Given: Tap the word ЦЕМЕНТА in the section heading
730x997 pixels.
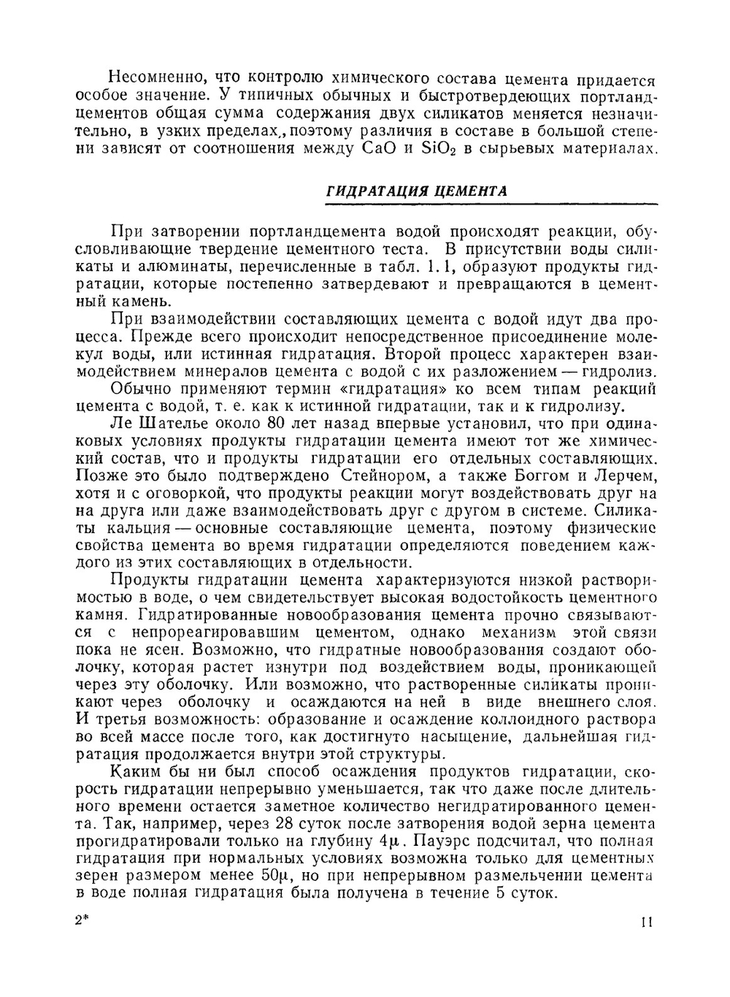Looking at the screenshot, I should (470, 192).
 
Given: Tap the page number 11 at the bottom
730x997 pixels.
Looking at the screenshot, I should (647, 922).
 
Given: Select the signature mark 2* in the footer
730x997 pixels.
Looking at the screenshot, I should (80, 921).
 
